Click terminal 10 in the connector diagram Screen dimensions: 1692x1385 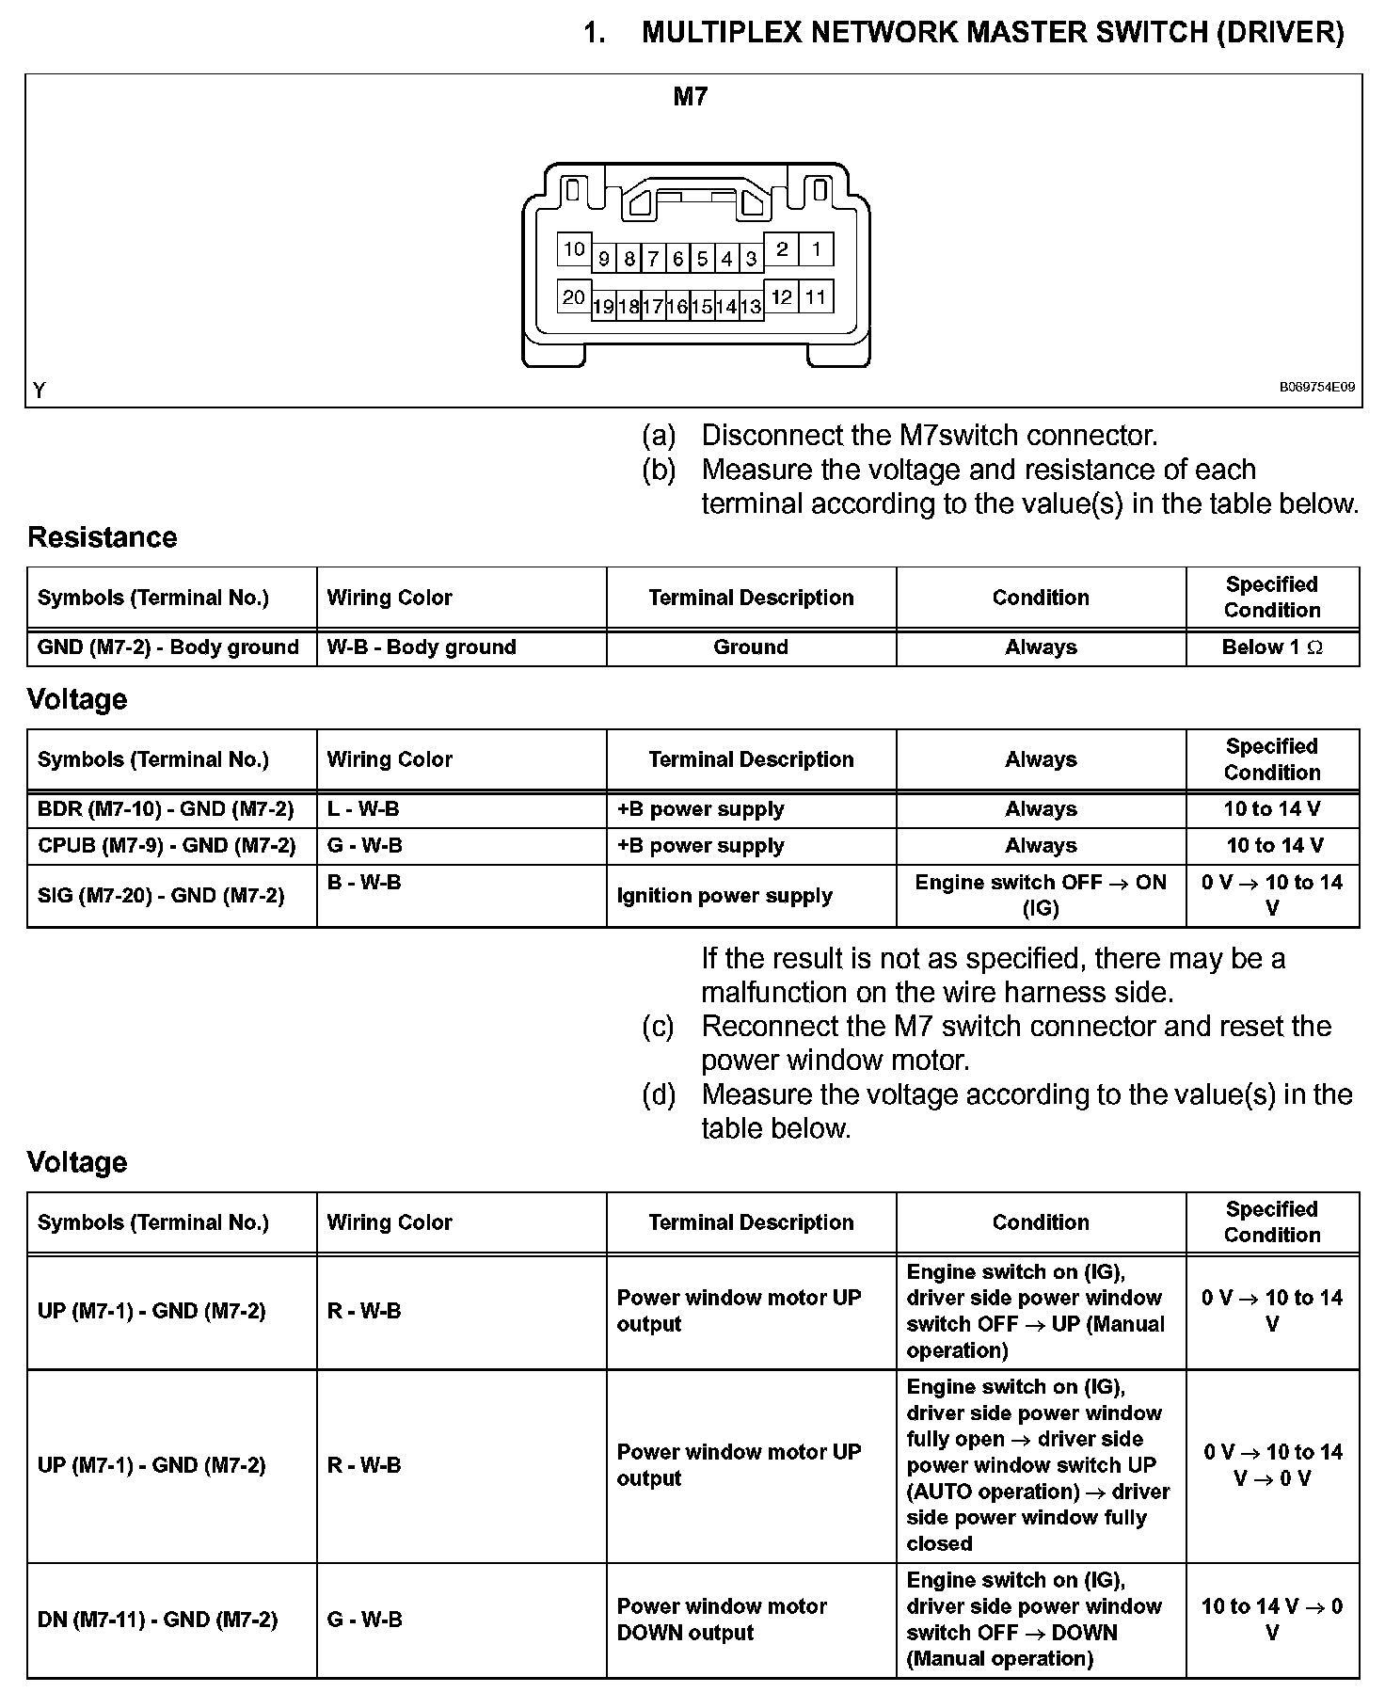pyautogui.click(x=574, y=249)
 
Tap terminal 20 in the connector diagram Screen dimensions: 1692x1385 pyautogui.click(x=574, y=297)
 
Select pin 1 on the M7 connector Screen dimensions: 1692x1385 pyautogui.click(x=816, y=249)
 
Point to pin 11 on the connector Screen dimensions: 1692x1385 pyautogui.click(x=816, y=297)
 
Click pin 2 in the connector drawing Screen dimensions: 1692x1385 pyautogui.click(x=782, y=249)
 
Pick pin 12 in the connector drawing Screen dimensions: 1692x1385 pyautogui.click(x=782, y=297)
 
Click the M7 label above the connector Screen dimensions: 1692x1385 pyautogui.click(x=691, y=97)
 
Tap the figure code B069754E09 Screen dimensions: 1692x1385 pyautogui.click(x=1316, y=387)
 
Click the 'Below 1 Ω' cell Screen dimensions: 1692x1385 pyautogui.click(x=1272, y=647)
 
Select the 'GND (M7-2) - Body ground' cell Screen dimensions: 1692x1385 pyautogui.click(x=168, y=647)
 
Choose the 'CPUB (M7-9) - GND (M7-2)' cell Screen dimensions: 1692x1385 pyautogui.click(x=167, y=846)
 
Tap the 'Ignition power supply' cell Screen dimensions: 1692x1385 pyautogui.click(x=724, y=896)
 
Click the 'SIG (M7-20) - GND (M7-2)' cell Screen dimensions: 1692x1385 pyautogui.click(x=161, y=896)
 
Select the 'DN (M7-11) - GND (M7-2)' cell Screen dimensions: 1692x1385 pyautogui.click(x=157, y=1620)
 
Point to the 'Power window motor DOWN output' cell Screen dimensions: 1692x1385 pyautogui.click(x=722, y=1620)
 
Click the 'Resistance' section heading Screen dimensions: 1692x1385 pyautogui.click(x=102, y=537)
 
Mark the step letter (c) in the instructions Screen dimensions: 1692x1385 pyautogui.click(x=659, y=1027)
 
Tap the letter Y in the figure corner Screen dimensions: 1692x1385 pyautogui.click(x=40, y=390)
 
